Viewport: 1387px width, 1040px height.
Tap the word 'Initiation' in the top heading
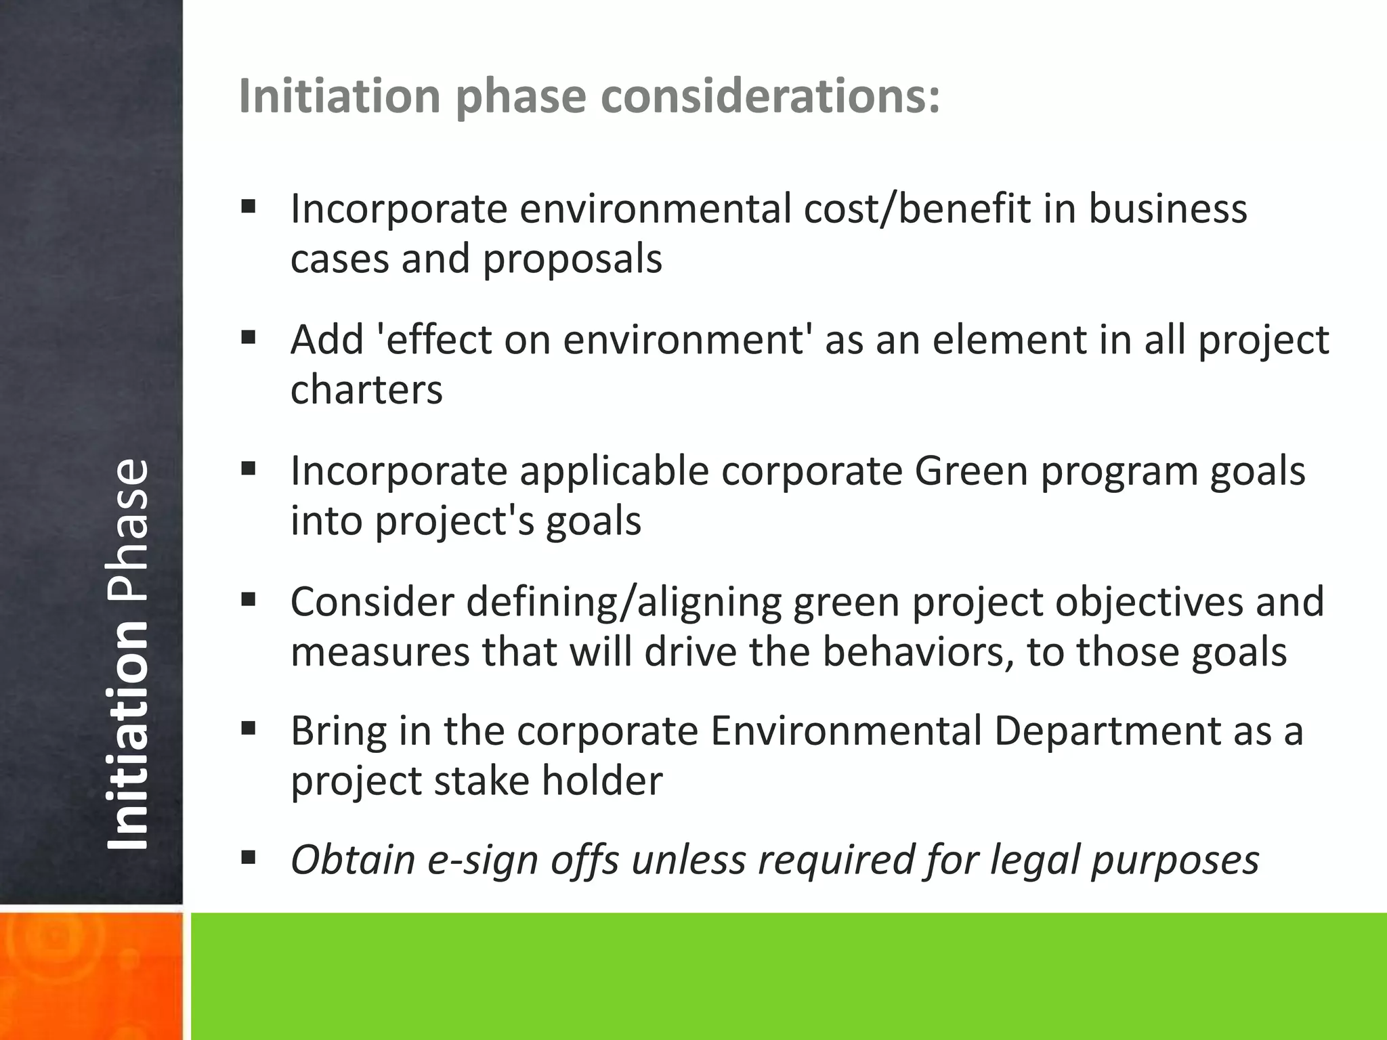tap(339, 96)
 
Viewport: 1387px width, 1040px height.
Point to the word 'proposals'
tap(572, 259)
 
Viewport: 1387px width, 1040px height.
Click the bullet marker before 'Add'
tap(249, 337)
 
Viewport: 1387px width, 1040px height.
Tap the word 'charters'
tap(366, 390)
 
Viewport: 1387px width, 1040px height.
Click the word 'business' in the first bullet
tap(1168, 209)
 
